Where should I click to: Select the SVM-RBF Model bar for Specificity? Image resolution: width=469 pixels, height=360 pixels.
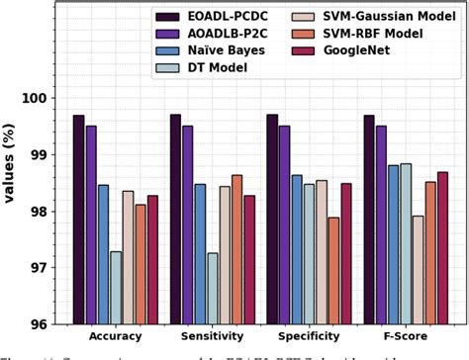point(333,271)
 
